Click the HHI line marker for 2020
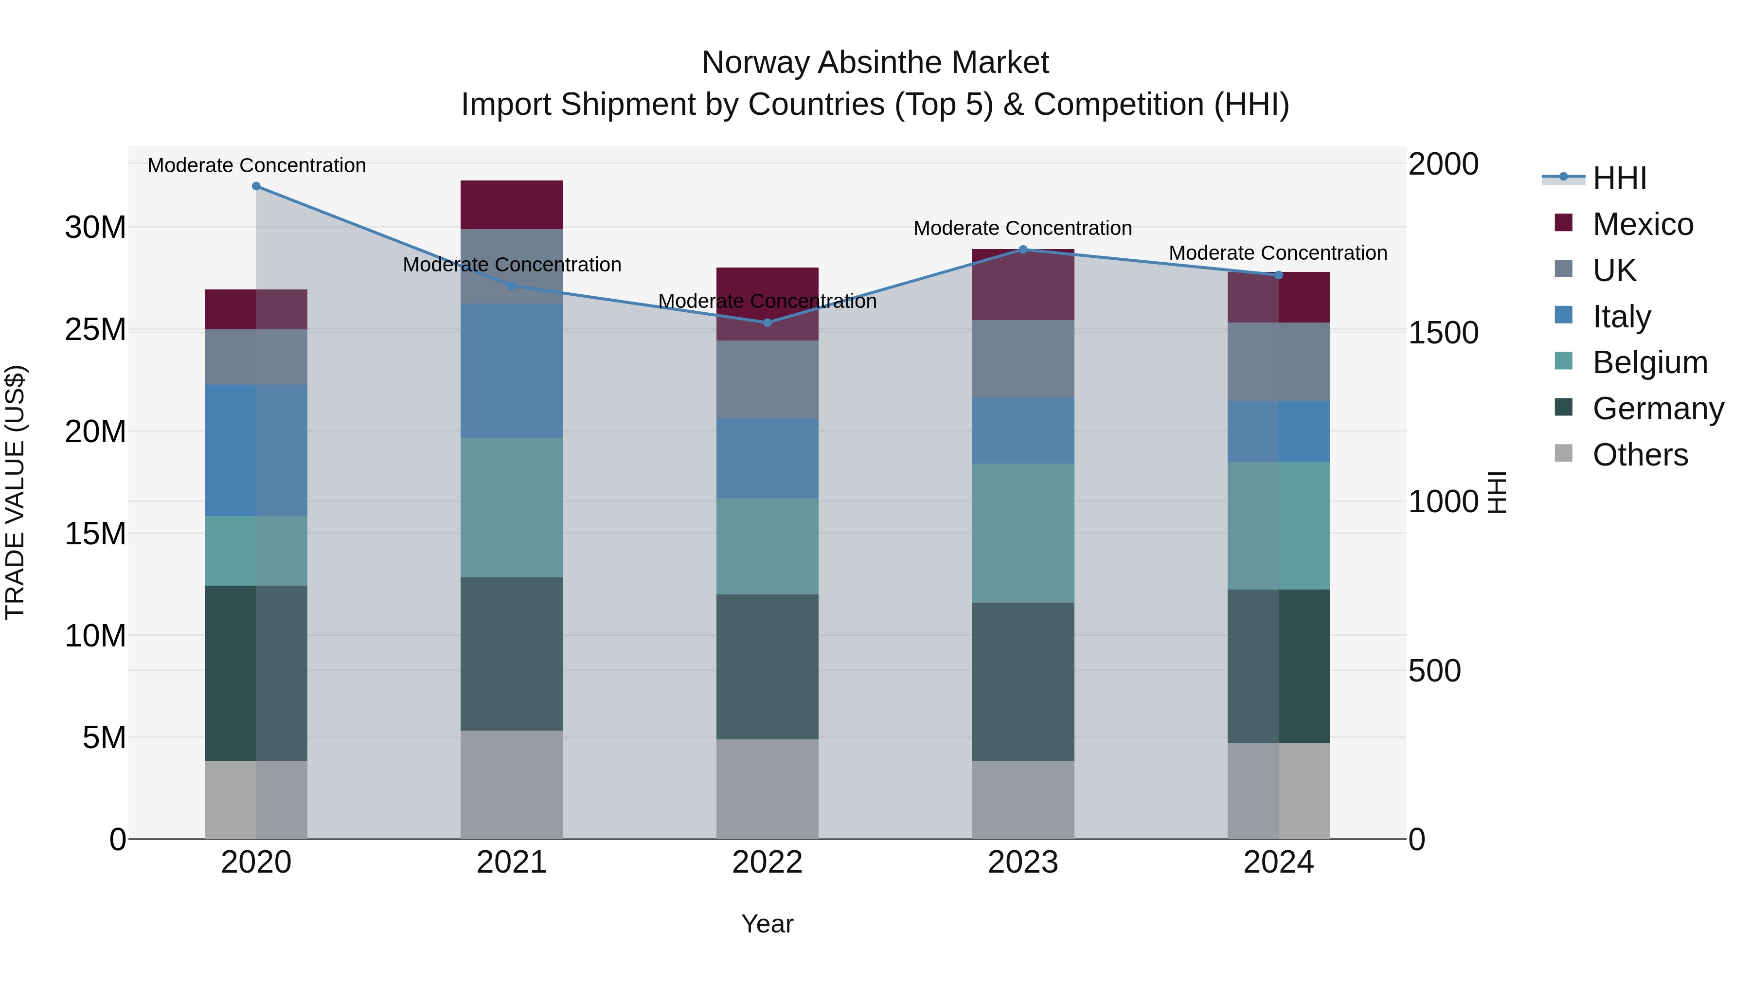pyautogui.click(x=256, y=186)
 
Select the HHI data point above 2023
pyautogui.click(x=1023, y=250)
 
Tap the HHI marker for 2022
pyautogui.click(x=768, y=322)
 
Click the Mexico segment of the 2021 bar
pyautogui.click(x=512, y=205)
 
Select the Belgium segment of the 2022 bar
pyautogui.click(x=768, y=546)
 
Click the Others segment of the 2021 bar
pyautogui.click(x=512, y=785)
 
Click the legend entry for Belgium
pyautogui.click(x=1649, y=362)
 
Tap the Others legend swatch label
pyautogui.click(x=1640, y=455)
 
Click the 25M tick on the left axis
pyautogui.click(x=95, y=330)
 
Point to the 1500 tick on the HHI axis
pyautogui.click(x=1443, y=333)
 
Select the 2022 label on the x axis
pyautogui.click(x=768, y=862)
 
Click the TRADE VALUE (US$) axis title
pyautogui.click(x=15, y=492)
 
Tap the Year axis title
pyautogui.click(x=768, y=924)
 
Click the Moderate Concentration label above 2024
pyautogui.click(x=1278, y=253)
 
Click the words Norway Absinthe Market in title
pyautogui.click(x=875, y=63)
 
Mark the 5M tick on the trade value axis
pyautogui.click(x=104, y=737)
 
